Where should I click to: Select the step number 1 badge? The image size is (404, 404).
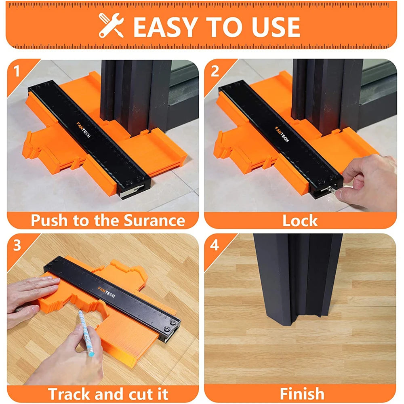point(17,72)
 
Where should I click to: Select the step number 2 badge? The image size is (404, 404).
point(215,72)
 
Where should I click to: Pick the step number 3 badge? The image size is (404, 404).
point(17,245)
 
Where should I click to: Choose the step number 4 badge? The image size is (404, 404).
point(215,245)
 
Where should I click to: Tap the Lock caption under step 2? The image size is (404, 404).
point(300,221)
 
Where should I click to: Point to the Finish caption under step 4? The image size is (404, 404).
point(302,393)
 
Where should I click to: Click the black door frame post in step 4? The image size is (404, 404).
point(297,279)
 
